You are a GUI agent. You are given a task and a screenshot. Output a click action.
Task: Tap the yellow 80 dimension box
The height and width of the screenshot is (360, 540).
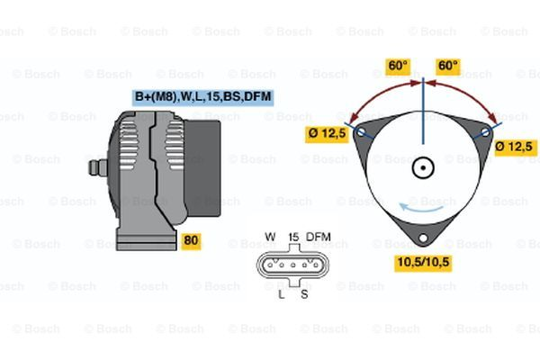[x=191, y=240]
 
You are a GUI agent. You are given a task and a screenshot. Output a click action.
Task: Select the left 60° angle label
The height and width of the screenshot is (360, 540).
[x=398, y=67]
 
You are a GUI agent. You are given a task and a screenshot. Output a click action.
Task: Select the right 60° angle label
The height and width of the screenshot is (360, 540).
[x=447, y=67]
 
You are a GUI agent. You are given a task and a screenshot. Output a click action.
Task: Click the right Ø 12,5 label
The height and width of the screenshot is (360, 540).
[x=516, y=146]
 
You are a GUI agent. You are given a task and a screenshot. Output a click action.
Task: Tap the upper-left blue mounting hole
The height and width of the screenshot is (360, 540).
[x=362, y=132]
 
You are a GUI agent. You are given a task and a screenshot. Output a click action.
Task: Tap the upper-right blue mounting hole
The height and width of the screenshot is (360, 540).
[x=485, y=132]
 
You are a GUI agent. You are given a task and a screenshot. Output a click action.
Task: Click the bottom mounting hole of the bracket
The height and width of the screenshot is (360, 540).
[x=423, y=240]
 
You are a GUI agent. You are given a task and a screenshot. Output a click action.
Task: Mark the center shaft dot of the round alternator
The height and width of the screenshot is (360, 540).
[x=423, y=167]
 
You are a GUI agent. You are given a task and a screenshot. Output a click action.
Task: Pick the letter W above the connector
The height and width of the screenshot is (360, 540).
[x=270, y=237]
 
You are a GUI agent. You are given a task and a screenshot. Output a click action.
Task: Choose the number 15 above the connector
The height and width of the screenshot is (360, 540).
[x=292, y=237]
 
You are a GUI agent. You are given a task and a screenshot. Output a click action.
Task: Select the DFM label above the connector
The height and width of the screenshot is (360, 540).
[x=319, y=237]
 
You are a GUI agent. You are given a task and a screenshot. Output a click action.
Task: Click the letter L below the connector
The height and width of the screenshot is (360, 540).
[x=281, y=293]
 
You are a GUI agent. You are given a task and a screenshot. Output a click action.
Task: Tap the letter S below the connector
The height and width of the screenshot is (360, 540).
[x=304, y=293]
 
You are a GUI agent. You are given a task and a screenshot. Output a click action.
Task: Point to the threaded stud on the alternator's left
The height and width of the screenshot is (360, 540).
[x=94, y=168]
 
